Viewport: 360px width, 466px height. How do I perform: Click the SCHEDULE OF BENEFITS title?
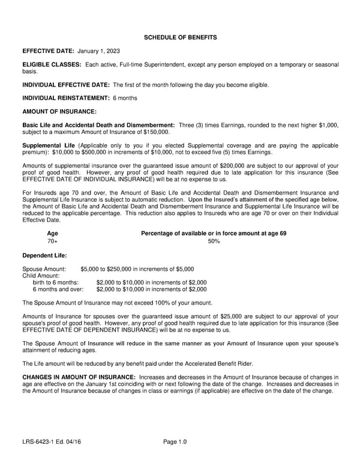(x=180, y=38)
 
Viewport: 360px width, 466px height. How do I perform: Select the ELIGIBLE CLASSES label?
(x=52, y=64)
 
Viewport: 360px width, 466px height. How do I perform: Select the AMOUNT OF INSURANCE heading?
(x=59, y=111)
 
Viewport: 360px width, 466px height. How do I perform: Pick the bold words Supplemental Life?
(x=49, y=145)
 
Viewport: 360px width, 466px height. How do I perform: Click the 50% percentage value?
(x=214, y=241)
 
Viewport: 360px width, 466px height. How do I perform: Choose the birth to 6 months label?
(x=55, y=282)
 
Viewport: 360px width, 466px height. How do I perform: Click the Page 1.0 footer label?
(x=175, y=443)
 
